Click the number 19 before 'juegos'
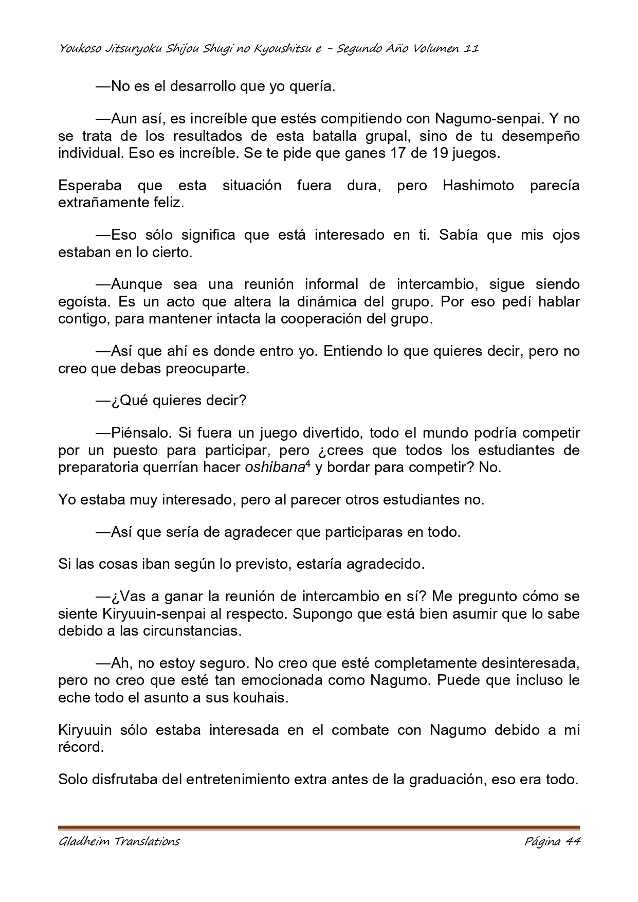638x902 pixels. pyautogui.click(x=436, y=154)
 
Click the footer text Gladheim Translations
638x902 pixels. pyautogui.click(x=119, y=842)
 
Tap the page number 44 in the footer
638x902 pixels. pyautogui.click(x=572, y=842)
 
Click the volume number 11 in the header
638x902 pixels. pyautogui.click(x=471, y=49)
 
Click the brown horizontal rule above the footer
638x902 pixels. pyautogui.click(x=319, y=827)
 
